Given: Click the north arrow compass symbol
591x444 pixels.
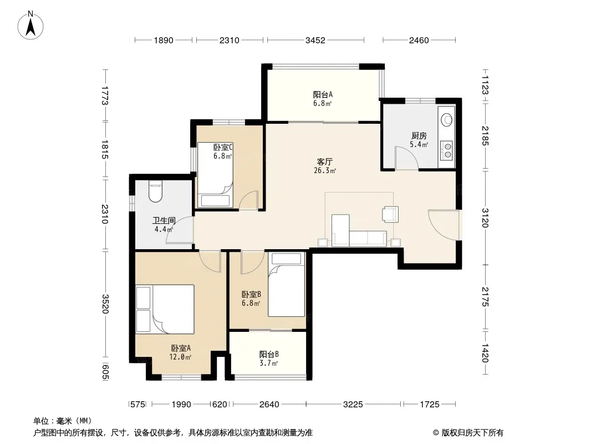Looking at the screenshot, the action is pyautogui.click(x=30, y=26).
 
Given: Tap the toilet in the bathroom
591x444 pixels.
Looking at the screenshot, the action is pyautogui.click(x=155, y=192).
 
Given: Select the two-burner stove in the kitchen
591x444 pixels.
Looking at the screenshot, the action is pyautogui.click(x=447, y=150).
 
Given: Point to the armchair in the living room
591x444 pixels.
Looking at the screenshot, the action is pyautogui.click(x=390, y=214).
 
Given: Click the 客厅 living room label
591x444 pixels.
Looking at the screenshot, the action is pyautogui.click(x=324, y=162).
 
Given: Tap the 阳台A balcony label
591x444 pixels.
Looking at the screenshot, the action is pyautogui.click(x=323, y=94).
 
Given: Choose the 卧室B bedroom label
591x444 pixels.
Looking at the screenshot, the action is pyautogui.click(x=251, y=294).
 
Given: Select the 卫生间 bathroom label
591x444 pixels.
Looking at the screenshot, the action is pyautogui.click(x=164, y=221).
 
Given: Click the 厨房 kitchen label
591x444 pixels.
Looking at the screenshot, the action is pyautogui.click(x=419, y=136).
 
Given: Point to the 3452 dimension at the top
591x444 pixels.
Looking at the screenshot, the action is pyautogui.click(x=315, y=40).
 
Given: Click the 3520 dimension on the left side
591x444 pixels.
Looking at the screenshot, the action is pyautogui.click(x=105, y=304).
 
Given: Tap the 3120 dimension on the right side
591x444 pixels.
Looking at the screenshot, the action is pyautogui.click(x=485, y=218).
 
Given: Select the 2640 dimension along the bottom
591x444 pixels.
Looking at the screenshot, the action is pyautogui.click(x=269, y=405).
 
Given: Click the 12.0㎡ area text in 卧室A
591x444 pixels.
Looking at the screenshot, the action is pyautogui.click(x=180, y=357).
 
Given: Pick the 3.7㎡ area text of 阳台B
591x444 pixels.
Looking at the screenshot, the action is pyautogui.click(x=269, y=364).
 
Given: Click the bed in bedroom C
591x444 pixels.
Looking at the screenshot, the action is pyautogui.click(x=215, y=175).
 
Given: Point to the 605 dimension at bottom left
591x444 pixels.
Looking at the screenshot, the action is pyautogui.click(x=105, y=372).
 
